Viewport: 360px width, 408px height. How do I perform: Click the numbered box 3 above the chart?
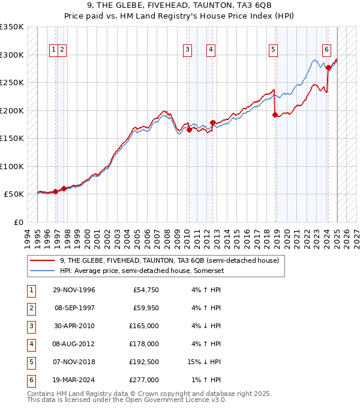[188, 50]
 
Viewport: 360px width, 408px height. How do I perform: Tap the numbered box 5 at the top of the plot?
[273, 50]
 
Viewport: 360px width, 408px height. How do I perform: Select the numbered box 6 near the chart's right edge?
[326, 50]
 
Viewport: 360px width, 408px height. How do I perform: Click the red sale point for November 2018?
[275, 115]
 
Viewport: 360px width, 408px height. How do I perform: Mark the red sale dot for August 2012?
[212, 122]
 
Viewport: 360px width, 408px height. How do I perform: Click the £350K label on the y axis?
[12, 27]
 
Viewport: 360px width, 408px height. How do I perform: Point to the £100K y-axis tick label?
[12, 166]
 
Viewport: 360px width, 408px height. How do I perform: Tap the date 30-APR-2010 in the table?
[74, 326]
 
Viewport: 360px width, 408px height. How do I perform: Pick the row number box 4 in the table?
[31, 344]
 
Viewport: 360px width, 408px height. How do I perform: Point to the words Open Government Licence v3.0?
[174, 400]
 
